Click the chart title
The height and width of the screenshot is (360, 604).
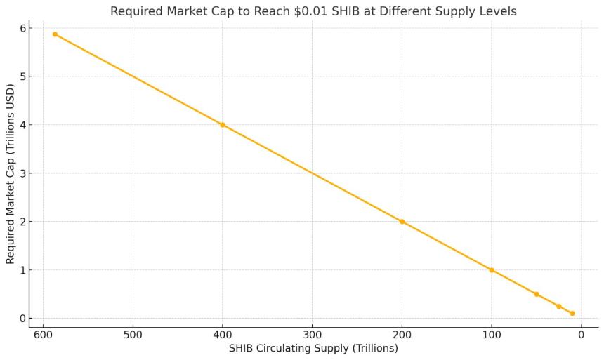point(313,11)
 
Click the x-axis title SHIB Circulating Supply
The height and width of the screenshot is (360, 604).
point(313,348)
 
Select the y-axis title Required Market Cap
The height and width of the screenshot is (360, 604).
point(11,173)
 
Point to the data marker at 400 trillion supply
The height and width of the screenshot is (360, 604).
point(223,125)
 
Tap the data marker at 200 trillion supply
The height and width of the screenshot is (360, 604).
point(402,221)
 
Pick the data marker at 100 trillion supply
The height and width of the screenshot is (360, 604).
point(492,270)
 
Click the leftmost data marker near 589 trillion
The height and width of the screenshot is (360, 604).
point(55,34)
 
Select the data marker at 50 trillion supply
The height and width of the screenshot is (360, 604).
point(537,294)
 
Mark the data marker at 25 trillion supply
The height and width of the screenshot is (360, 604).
point(559,306)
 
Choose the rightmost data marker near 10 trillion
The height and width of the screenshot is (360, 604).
point(572,314)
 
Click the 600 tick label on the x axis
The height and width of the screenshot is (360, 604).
point(43,334)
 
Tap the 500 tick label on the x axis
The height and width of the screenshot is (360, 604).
point(133,334)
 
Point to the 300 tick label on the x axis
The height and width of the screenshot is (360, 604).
point(312,334)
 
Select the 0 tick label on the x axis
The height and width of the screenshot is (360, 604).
point(582,334)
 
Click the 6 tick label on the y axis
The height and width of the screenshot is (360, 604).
point(22,28)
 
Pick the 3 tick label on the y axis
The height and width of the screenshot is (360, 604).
point(22,173)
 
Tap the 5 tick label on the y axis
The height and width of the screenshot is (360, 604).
point(22,76)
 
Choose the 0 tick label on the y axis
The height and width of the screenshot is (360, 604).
point(22,319)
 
